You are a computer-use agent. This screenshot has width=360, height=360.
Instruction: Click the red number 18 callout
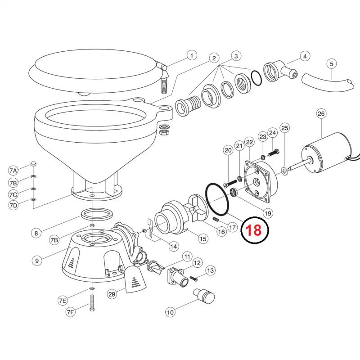(254, 230)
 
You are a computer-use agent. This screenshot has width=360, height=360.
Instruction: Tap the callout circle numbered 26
(321, 113)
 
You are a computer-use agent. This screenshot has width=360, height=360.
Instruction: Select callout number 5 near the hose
(331, 63)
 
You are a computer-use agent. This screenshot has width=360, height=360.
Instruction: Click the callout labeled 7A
(13, 171)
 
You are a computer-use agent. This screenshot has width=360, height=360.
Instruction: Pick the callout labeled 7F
(71, 312)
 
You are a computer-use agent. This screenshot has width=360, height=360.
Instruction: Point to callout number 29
(112, 294)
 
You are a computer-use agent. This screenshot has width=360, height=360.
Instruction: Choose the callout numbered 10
(171, 312)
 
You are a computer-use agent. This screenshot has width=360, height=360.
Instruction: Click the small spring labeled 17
(216, 220)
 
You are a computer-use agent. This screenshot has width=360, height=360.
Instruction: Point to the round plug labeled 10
(204, 296)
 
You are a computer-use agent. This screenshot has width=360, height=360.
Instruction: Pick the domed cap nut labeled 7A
(33, 164)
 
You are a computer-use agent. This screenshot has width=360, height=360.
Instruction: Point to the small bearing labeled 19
(234, 192)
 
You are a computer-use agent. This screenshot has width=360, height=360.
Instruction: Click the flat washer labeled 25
(284, 171)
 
